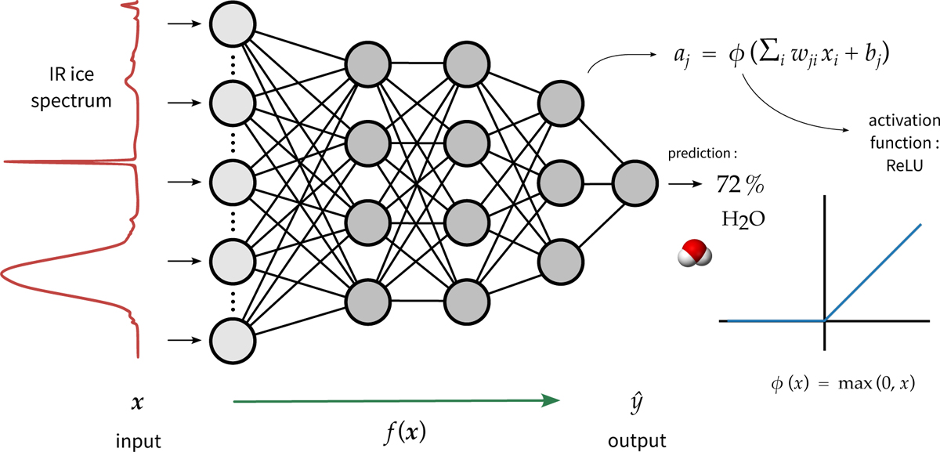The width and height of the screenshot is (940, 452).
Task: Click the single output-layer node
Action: tap(635, 186)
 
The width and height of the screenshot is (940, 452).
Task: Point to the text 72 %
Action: tap(740, 186)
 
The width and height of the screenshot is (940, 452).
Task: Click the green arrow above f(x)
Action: tap(397, 401)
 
